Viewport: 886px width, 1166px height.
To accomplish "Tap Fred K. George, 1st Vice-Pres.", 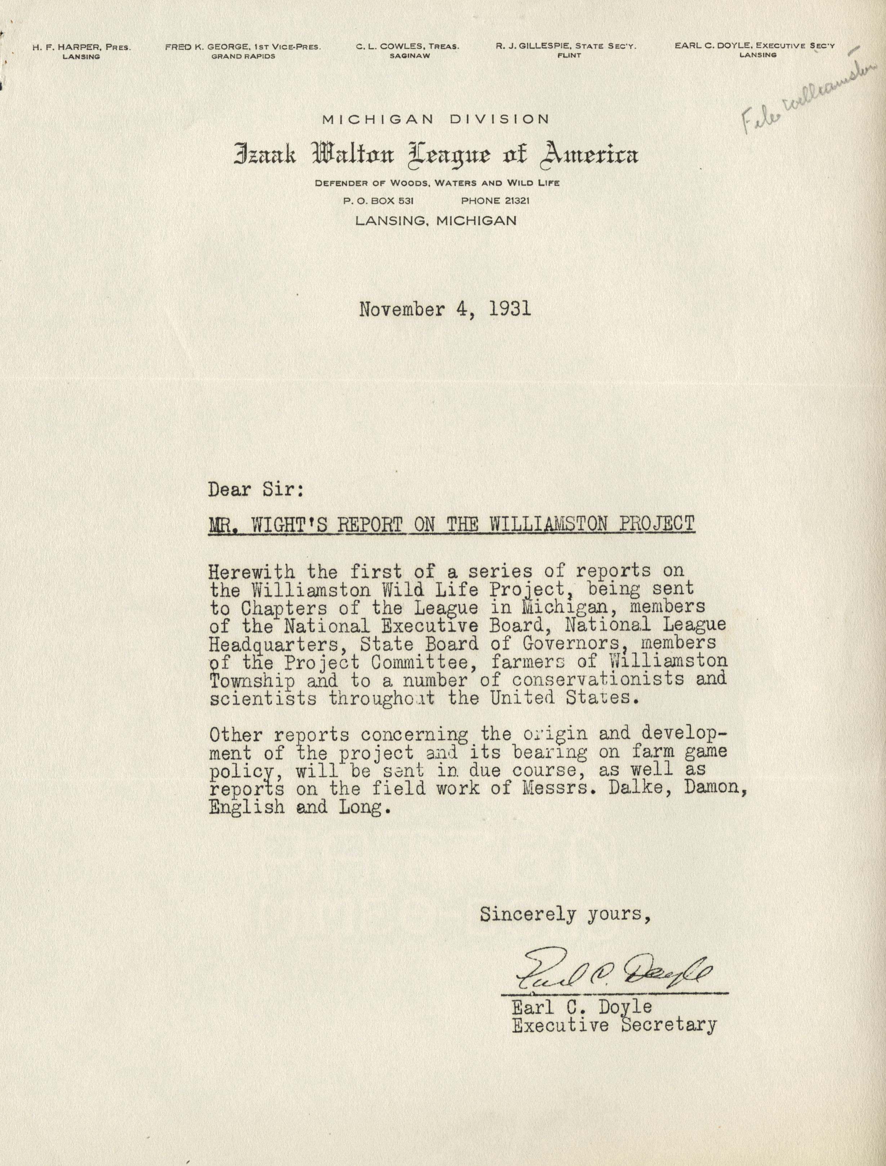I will click(x=242, y=47).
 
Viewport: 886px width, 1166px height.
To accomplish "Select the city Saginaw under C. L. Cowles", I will click(x=408, y=55).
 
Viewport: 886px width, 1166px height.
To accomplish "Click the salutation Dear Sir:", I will click(x=256, y=490).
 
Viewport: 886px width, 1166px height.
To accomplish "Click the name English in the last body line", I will click(x=246, y=807).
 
